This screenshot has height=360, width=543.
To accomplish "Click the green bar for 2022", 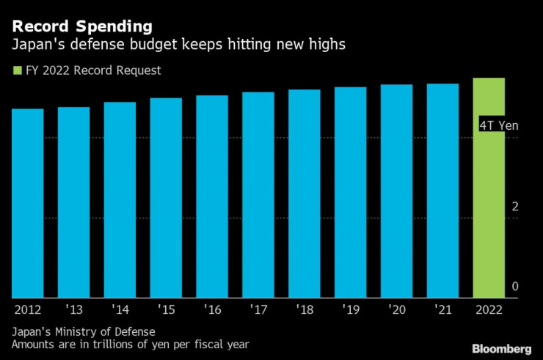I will tap(489, 188).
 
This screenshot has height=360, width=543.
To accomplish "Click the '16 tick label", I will tap(212, 309).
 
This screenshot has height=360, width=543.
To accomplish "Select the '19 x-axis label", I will tap(350, 309).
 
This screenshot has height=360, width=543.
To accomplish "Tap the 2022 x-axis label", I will tap(489, 309).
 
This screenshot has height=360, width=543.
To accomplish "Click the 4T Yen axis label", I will tap(498, 125).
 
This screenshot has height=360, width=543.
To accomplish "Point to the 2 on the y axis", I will tap(515, 207).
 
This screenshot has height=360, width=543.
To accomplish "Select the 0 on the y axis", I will tap(515, 286).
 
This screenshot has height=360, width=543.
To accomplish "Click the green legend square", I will tap(16, 71).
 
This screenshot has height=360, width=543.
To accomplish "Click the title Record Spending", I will tap(82, 26).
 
